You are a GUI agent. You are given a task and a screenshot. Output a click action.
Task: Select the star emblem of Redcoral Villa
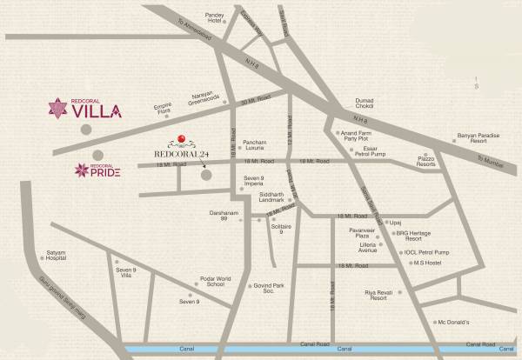point(61,110)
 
